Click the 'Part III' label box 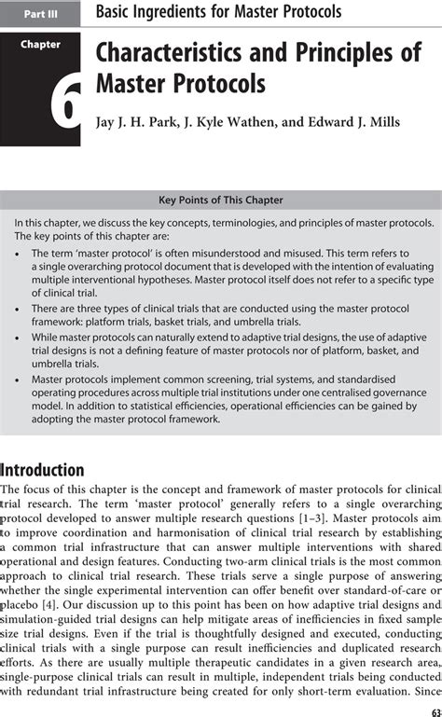(41, 12)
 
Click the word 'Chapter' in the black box (41, 44)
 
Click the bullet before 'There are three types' (20, 321)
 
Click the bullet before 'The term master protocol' (20, 253)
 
